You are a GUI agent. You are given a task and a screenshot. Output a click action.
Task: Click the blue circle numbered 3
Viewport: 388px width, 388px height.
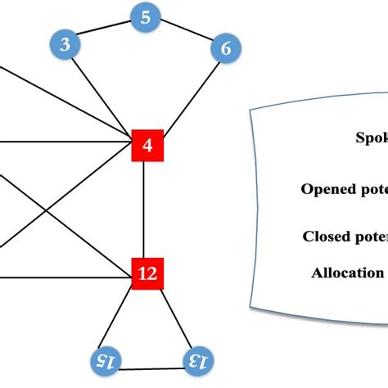65,44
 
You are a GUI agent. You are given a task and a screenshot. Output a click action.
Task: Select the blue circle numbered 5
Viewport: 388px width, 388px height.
145,17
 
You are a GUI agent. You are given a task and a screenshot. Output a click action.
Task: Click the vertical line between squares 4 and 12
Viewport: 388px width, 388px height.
145,210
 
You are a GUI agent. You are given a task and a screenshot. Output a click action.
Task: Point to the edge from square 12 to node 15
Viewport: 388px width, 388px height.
124,319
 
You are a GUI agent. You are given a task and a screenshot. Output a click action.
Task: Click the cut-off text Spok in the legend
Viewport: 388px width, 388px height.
371,138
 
